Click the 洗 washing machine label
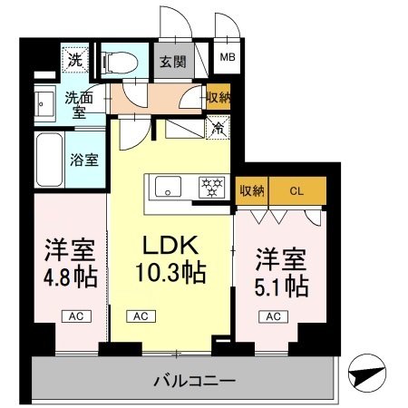[73, 62]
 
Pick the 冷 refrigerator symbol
[218, 128]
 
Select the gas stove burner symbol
[210, 189]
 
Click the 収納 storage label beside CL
[251, 190]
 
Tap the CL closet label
[296, 190]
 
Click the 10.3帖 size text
[171, 271]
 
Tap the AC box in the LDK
[141, 316]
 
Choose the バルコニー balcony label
[191, 379]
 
